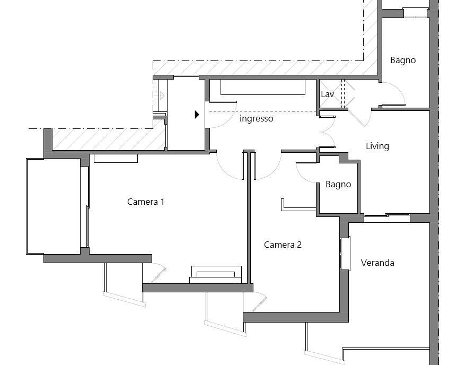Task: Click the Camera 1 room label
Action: [x=146, y=202]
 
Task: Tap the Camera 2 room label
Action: [x=283, y=245]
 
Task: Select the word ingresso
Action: [x=256, y=118]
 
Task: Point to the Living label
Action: [x=377, y=146]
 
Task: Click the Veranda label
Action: [x=377, y=263]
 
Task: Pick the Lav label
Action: [x=328, y=94]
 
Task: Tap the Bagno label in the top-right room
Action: [x=403, y=60]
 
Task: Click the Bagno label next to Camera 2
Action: [x=338, y=184]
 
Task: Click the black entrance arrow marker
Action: [x=197, y=114]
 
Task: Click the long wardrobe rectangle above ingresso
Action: [x=262, y=88]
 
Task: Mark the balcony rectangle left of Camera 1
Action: [x=54, y=206]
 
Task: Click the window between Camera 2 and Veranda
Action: [x=345, y=253]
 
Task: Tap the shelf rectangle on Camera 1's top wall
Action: [x=116, y=159]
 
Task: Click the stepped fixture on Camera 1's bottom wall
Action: [x=216, y=275]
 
